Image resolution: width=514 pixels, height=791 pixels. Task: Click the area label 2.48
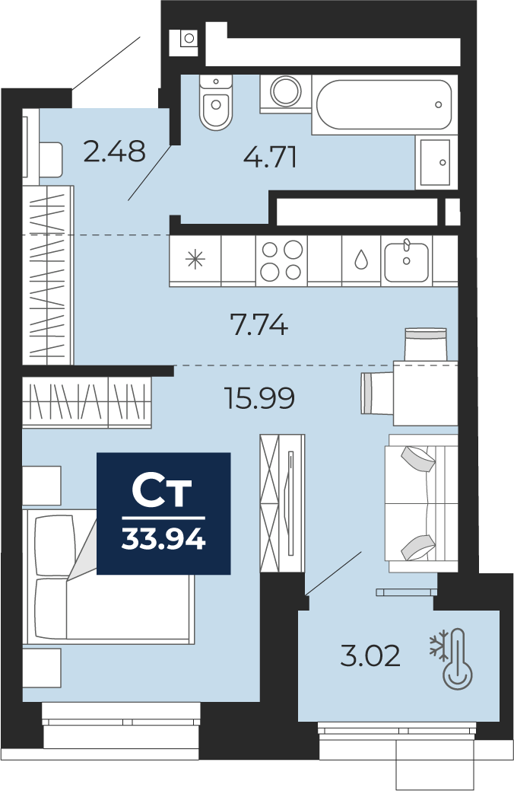(114, 151)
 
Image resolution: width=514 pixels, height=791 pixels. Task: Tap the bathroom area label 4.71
(270, 157)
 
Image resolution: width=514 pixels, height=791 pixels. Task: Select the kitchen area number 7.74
(259, 324)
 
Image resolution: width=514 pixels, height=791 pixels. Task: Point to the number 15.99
(259, 398)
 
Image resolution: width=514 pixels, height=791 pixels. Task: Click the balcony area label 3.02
(370, 656)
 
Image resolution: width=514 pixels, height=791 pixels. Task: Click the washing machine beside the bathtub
(286, 93)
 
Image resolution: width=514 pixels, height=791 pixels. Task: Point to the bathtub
(385, 104)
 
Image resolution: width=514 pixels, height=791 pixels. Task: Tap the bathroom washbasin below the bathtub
(436, 162)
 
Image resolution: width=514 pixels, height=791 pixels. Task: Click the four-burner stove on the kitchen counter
(281, 260)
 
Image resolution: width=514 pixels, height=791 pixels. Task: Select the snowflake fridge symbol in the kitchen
(195, 260)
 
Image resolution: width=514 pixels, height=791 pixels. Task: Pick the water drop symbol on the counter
(361, 260)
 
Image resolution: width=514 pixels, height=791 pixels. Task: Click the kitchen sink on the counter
(407, 261)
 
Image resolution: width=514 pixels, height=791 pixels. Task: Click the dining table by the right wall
(425, 393)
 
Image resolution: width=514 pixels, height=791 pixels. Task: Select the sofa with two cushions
(421, 503)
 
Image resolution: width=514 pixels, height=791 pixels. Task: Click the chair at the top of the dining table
(426, 344)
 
